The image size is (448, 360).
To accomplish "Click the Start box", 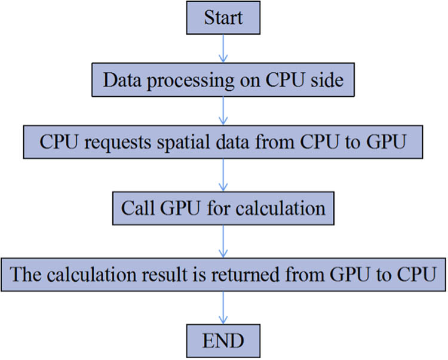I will click(224, 18).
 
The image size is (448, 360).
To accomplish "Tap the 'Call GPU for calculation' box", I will click(223, 208).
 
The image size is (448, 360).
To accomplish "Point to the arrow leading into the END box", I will click(223, 307).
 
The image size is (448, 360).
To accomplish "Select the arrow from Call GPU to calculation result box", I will click(223, 241).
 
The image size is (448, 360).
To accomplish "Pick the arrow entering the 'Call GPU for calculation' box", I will click(223, 177).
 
